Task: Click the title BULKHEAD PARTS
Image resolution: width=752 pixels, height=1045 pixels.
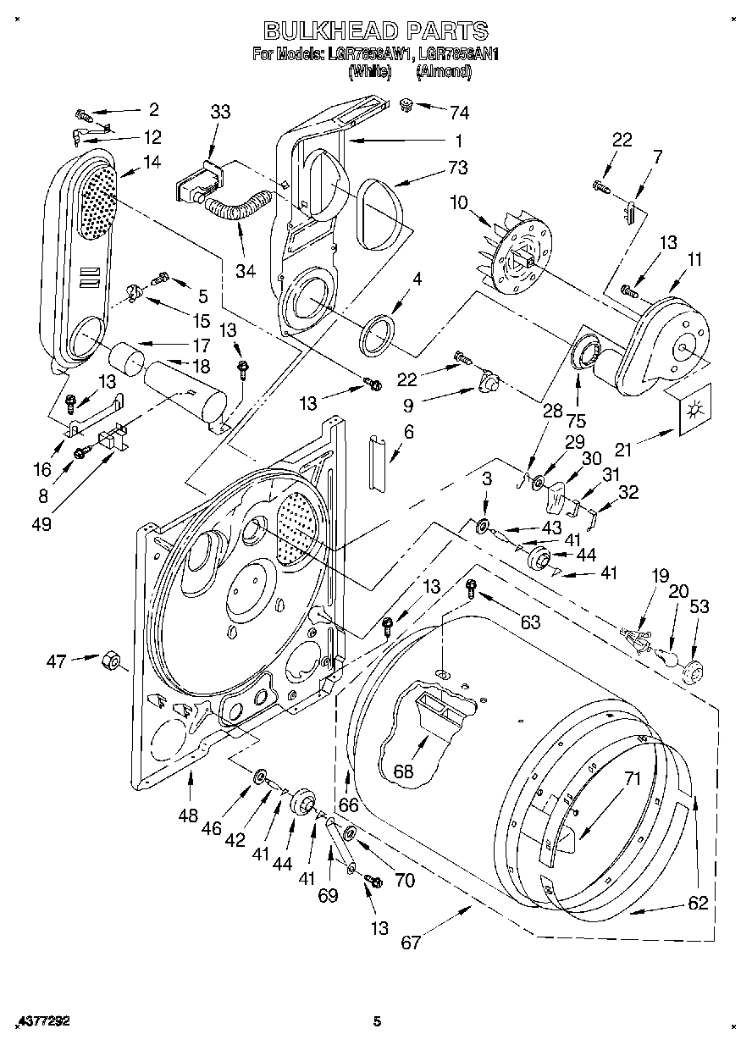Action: click(x=376, y=31)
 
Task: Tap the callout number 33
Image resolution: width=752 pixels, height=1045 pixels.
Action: click(x=220, y=111)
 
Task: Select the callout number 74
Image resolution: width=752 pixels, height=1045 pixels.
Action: click(x=460, y=111)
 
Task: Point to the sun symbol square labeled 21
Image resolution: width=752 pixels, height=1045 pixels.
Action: click(x=694, y=412)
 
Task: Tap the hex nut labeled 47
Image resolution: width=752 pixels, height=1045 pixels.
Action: click(x=110, y=660)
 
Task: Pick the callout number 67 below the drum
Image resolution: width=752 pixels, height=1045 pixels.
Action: click(x=411, y=943)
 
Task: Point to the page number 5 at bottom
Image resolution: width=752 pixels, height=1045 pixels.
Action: click(x=378, y=1022)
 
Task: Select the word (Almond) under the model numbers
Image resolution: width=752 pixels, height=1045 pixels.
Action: click(x=444, y=73)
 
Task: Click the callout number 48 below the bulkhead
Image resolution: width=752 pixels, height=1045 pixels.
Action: click(x=188, y=816)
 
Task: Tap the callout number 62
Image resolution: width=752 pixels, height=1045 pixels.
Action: click(x=697, y=903)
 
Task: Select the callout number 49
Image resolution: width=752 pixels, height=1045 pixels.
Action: click(x=40, y=524)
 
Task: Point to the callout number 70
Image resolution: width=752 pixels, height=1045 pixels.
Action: click(x=405, y=881)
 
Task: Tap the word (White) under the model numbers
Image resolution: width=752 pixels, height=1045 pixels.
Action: click(x=370, y=73)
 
